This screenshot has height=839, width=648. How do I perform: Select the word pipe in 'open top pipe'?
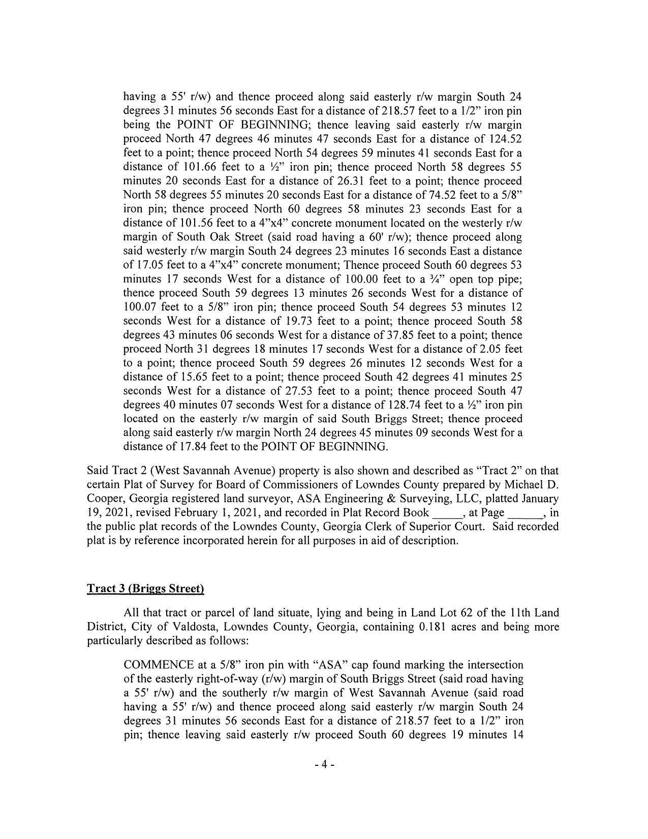pyautogui.click(x=510, y=279)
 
